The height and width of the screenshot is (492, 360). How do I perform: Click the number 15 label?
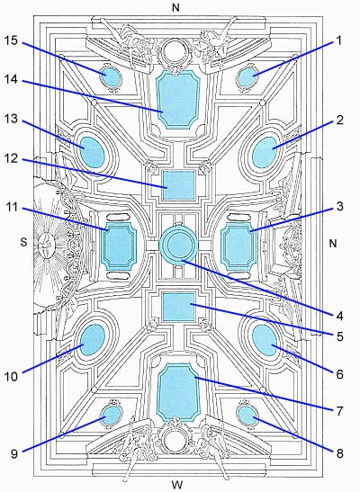click(x=11, y=40)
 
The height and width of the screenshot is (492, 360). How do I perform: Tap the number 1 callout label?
click(x=338, y=40)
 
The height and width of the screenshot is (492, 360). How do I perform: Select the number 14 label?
click(x=11, y=79)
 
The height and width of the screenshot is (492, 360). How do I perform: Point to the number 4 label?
click(x=339, y=316)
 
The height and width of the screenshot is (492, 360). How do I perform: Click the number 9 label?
click(x=14, y=453)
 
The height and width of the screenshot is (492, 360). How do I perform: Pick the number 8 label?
click(x=339, y=453)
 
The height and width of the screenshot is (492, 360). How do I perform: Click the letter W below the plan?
click(x=177, y=484)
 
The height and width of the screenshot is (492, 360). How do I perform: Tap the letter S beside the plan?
click(x=23, y=242)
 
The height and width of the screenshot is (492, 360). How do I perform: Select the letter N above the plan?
click(x=175, y=8)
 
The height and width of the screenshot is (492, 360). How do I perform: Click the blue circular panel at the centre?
click(x=178, y=245)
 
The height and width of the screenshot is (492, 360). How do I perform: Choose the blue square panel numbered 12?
click(x=178, y=185)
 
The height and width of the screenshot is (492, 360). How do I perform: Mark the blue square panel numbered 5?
click(x=178, y=307)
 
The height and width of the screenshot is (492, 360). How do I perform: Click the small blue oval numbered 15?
click(x=111, y=76)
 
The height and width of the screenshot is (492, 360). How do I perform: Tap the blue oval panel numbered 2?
click(x=265, y=152)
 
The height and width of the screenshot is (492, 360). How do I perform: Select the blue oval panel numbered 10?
click(x=93, y=340)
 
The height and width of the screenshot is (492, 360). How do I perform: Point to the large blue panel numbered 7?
click(x=178, y=392)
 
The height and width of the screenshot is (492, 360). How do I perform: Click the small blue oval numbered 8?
click(x=247, y=415)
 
